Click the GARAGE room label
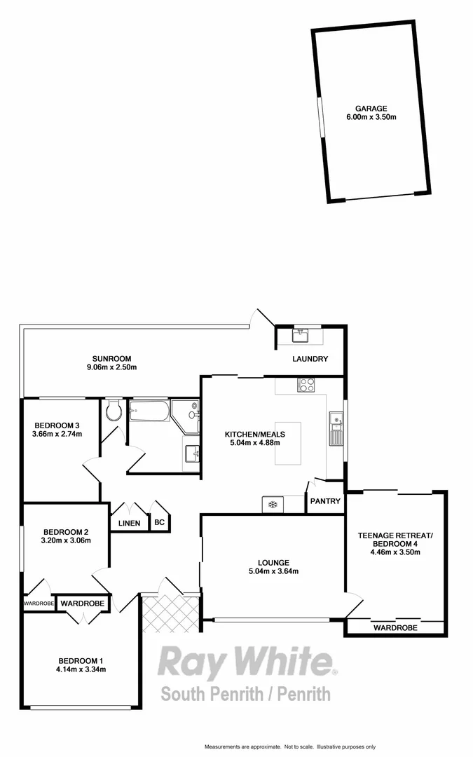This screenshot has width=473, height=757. (371, 109)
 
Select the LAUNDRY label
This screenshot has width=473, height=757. (310, 360)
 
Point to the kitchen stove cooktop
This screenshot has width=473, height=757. (306, 384)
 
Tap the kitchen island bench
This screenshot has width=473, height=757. (289, 444)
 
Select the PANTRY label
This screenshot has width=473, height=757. (326, 501)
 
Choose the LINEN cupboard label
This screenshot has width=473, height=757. (128, 523)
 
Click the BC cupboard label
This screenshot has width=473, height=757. (159, 523)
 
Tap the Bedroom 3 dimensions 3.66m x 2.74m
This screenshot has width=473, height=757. (57, 434)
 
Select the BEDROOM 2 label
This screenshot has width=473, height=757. (65, 531)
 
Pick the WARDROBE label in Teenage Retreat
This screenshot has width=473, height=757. (395, 628)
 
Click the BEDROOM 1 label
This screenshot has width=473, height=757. (81, 660)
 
